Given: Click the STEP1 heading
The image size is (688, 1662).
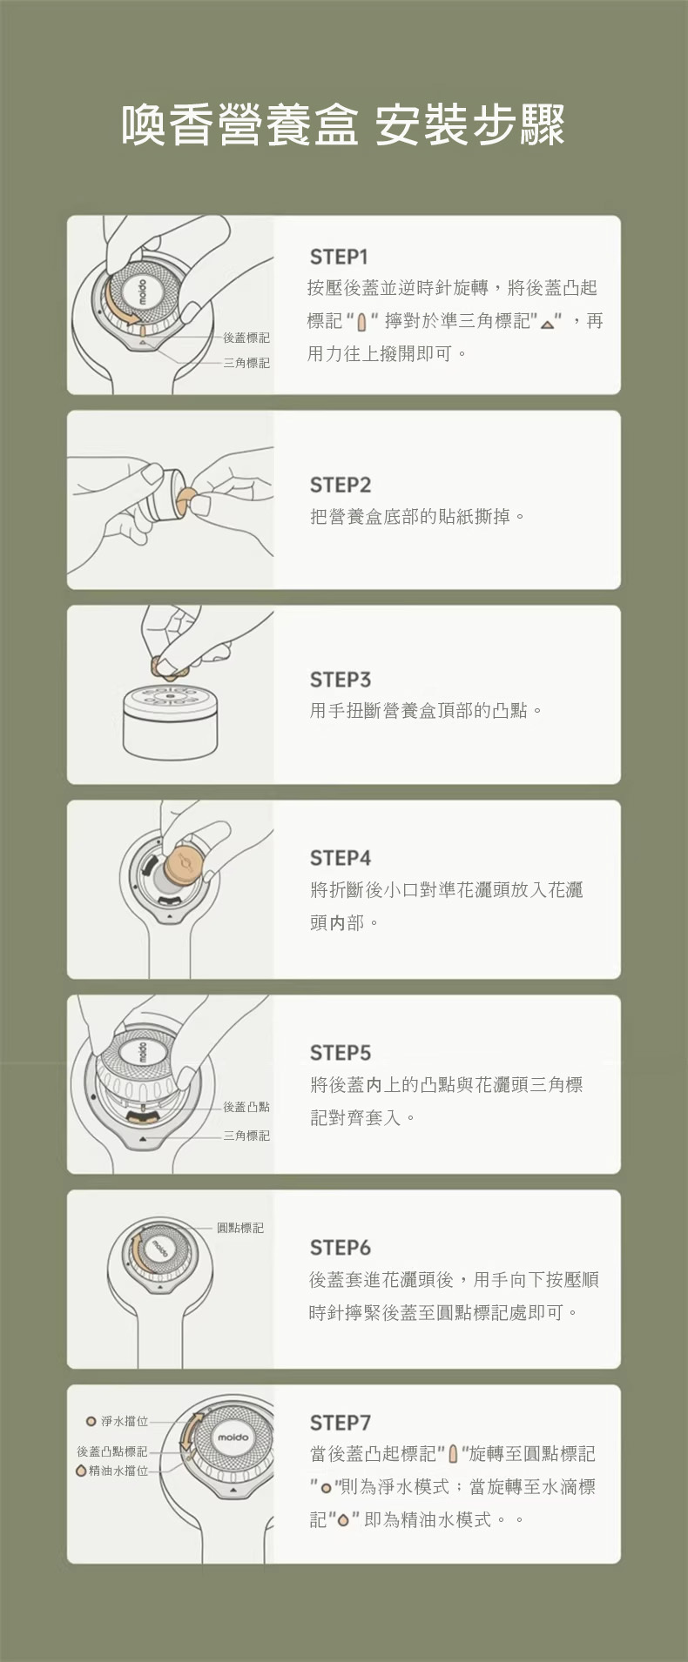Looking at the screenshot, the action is (x=339, y=257).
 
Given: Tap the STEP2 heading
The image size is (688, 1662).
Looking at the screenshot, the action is (x=341, y=485).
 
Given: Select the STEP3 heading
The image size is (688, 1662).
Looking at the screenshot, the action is (x=341, y=680).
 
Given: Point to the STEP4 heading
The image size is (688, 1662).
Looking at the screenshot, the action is (x=341, y=858).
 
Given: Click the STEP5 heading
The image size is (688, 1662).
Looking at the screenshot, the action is (x=341, y=1053).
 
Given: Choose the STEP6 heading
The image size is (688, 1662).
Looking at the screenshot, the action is (x=341, y=1248).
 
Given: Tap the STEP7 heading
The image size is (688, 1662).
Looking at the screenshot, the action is (x=341, y=1423).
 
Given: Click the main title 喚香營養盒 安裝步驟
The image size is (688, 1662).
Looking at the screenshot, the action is (x=344, y=124).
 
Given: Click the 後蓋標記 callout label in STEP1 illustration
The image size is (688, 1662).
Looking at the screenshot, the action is (x=246, y=338).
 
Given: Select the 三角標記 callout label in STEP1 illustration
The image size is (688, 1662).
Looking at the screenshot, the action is (x=246, y=363).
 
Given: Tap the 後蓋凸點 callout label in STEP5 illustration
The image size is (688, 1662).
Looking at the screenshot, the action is (x=246, y=1107).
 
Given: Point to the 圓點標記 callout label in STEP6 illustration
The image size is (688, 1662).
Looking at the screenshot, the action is (x=240, y=1228).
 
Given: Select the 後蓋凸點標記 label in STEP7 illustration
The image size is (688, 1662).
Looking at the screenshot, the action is (x=112, y=1451).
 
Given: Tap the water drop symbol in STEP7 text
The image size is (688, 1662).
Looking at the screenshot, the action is (x=343, y=1520).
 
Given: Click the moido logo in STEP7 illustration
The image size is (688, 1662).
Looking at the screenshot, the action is (x=233, y=1437).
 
